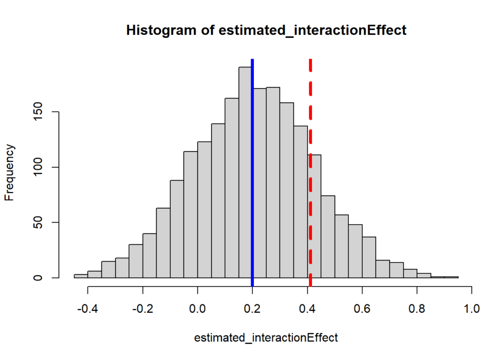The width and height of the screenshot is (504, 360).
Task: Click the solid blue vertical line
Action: pos(252,172)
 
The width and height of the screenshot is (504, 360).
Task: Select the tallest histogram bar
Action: pos(245,172)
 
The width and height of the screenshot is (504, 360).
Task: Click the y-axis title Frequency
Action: pos(9,172)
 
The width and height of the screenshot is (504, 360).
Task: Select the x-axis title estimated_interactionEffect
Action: pos(266,338)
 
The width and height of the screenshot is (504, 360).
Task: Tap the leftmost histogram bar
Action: pos(81,276)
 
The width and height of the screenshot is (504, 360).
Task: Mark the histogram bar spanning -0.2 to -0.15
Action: pos(149,256)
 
